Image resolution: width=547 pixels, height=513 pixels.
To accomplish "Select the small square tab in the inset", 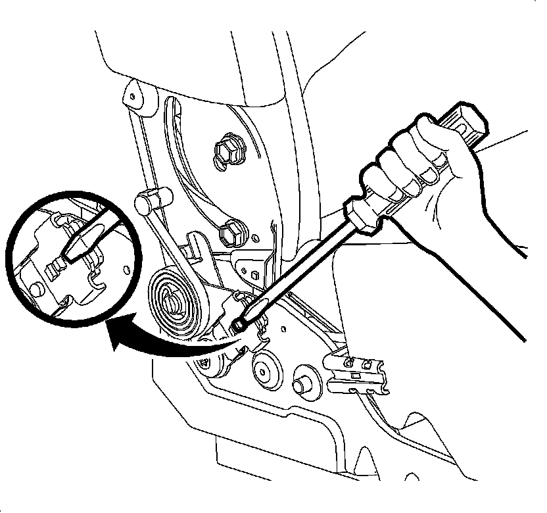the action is (55, 266).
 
